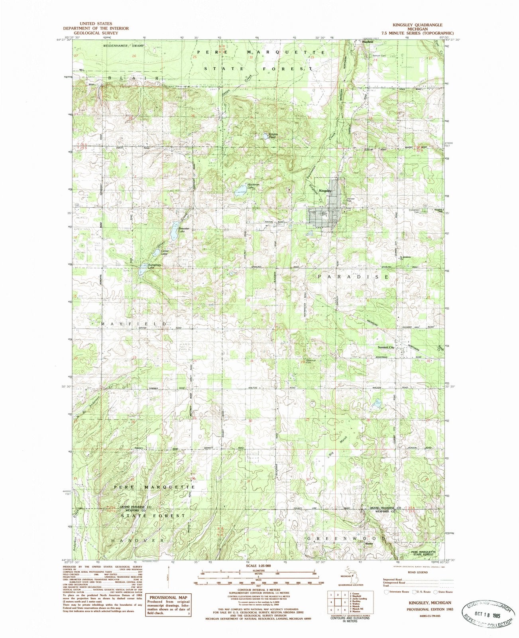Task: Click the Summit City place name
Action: [385, 347]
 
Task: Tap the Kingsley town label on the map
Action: [325, 191]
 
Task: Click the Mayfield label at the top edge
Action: [368, 41]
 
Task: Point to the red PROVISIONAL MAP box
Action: [168, 599]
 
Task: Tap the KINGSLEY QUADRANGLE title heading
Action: [423, 24]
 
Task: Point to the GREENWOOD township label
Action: [346, 538]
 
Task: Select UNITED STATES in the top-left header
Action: [96, 24]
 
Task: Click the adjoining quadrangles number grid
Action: [337, 597]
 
